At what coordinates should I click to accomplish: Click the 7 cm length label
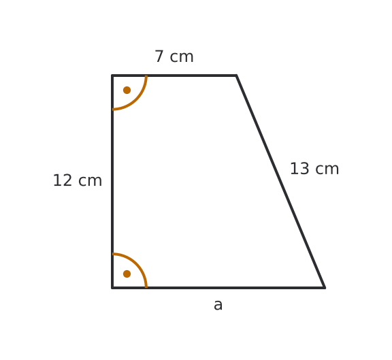coord(174,56)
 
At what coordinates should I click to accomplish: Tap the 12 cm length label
coord(78,180)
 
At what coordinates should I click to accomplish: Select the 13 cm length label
coord(314,169)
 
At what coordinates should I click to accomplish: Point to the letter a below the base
coord(218,306)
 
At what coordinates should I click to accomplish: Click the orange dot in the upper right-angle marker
coord(127,90)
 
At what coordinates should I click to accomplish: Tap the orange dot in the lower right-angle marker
coord(127,274)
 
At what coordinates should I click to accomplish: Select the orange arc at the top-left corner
coord(137,100)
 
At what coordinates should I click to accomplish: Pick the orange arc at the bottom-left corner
coord(137,263)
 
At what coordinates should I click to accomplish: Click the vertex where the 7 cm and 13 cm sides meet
coord(236,76)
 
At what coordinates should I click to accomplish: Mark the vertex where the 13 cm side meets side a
coord(325,288)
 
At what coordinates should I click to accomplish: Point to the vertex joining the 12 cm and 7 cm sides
coord(112,76)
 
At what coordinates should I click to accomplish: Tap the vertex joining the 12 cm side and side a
coord(112,288)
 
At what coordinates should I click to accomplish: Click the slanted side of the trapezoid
coord(280,182)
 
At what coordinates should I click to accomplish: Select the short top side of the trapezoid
coord(174,76)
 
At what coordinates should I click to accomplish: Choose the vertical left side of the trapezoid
coord(112,182)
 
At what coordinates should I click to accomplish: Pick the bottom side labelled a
coord(218,288)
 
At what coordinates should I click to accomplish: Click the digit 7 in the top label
coord(159,56)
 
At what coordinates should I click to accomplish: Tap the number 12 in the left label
coord(62,180)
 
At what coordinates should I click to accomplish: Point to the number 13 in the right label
coord(299,169)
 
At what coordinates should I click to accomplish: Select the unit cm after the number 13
coord(327,169)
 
